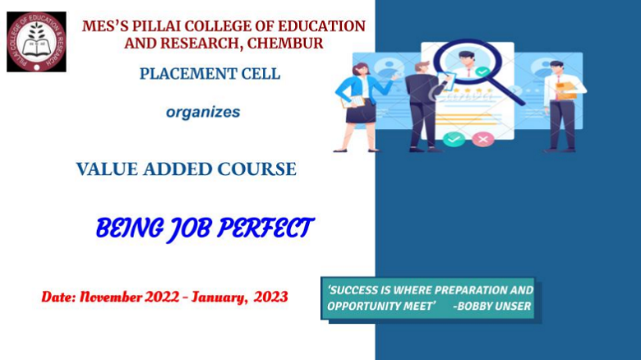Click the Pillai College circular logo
36,42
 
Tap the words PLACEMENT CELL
210,74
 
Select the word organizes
203,112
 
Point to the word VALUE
107,169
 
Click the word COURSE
256,169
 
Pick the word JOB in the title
191,228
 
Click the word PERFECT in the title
265,228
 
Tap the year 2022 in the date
162,297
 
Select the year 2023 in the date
270,297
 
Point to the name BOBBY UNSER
492,306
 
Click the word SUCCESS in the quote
353,290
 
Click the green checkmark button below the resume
454,139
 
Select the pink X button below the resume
483,139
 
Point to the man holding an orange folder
564,106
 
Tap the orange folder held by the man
566,90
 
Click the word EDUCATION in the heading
321,26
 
